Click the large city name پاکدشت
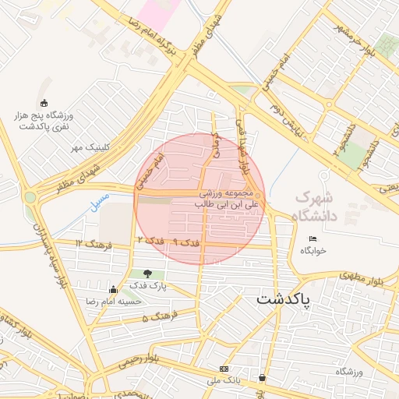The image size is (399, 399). [x=283, y=298]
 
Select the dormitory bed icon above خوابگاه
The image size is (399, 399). [x=313, y=238]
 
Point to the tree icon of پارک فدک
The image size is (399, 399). [x=147, y=274]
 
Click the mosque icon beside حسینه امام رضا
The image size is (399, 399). [x=114, y=289]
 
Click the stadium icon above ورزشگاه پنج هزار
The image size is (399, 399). [x=44, y=103]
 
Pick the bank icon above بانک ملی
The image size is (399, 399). [x=224, y=368]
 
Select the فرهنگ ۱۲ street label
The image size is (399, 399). [x=94, y=245]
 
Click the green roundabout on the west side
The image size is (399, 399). [x=30, y=197]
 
